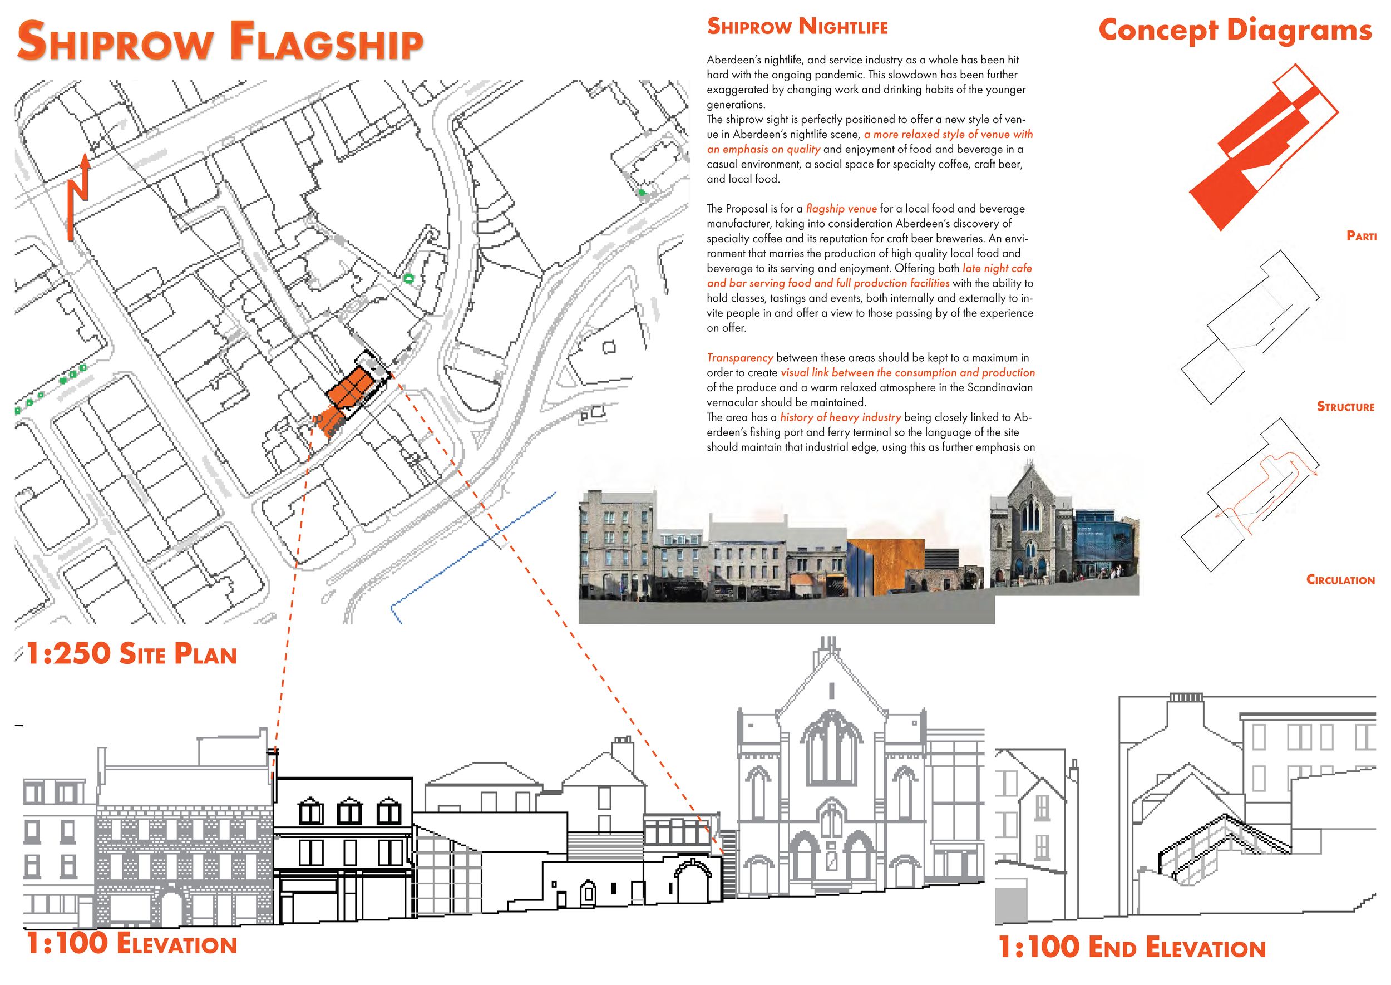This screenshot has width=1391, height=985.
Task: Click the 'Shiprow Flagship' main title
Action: [220, 41]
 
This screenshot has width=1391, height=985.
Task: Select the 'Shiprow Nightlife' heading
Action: [797, 27]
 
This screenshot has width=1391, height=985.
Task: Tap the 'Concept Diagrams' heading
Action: [1235, 29]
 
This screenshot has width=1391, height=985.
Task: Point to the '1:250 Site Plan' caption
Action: [131, 654]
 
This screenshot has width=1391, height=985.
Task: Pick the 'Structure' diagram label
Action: [1345, 406]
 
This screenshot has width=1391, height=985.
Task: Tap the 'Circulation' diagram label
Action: [1340, 580]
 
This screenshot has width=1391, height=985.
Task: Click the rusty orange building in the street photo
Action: [885, 564]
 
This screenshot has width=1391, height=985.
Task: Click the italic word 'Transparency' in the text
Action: [739, 358]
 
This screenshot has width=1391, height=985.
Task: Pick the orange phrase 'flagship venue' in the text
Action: [841, 209]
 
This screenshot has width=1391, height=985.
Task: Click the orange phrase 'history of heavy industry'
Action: [840, 417]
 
